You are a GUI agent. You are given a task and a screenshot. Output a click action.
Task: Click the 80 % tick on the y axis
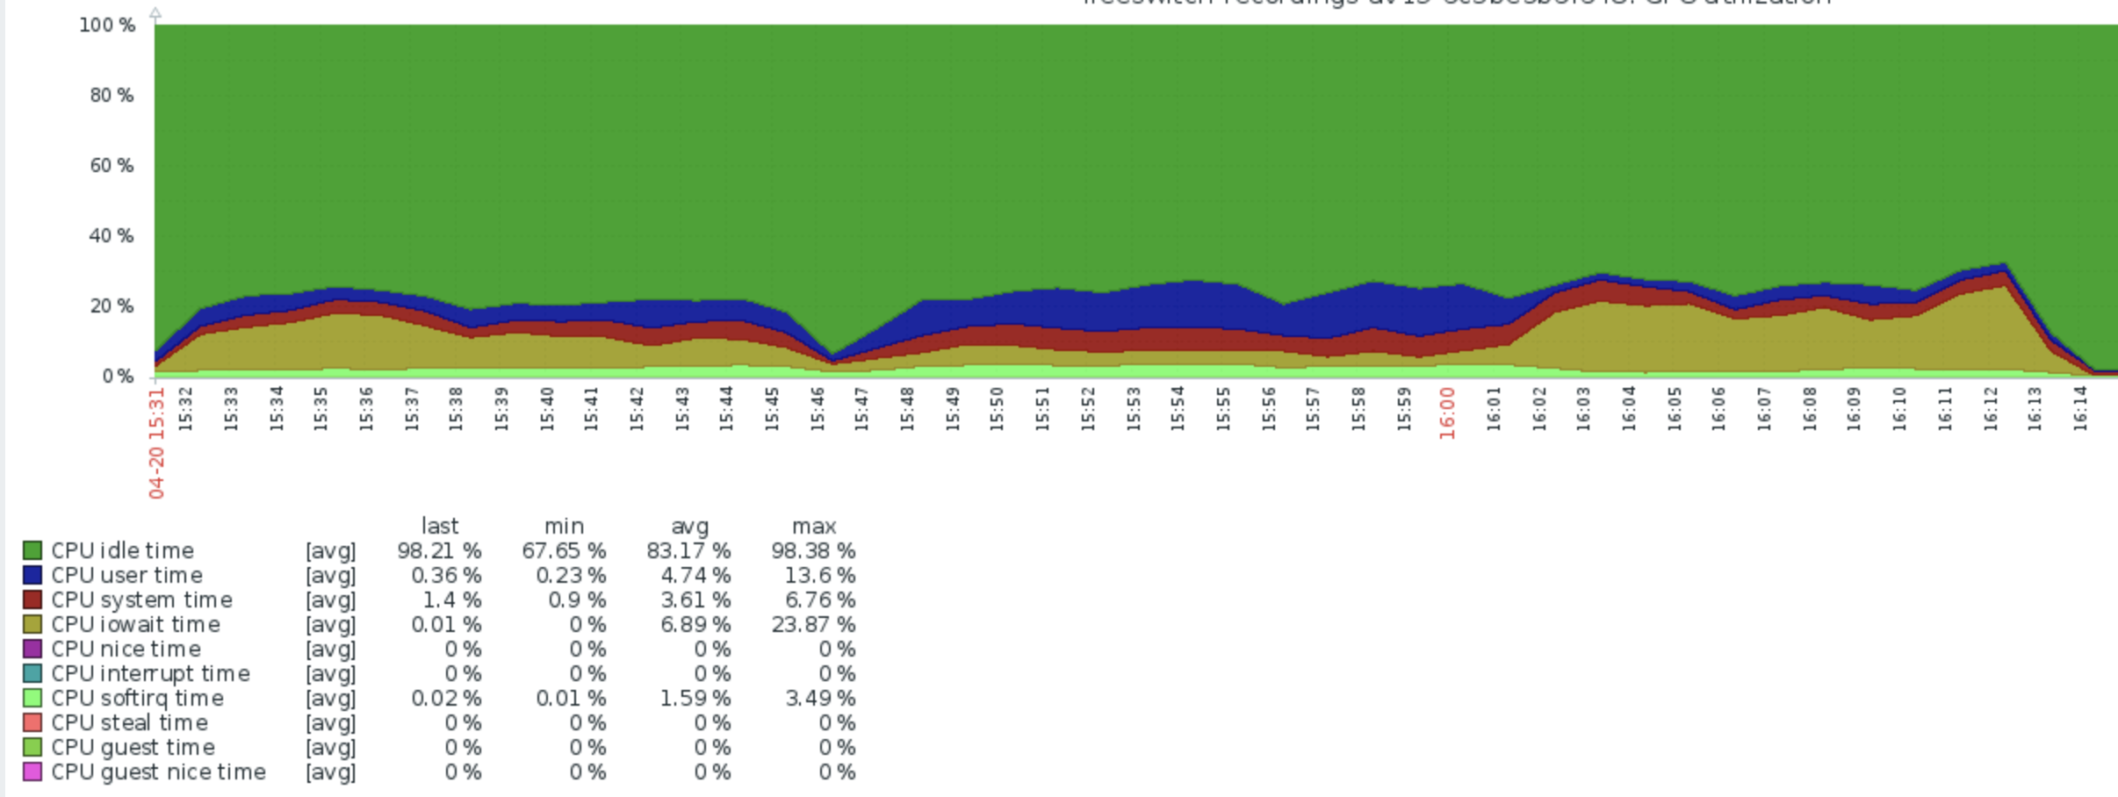click(x=112, y=95)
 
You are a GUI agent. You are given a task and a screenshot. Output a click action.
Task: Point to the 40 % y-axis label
click(x=112, y=235)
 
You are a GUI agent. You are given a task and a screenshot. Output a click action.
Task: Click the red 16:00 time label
click(x=1447, y=413)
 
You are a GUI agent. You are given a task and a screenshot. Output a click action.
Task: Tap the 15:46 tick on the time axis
click(x=817, y=409)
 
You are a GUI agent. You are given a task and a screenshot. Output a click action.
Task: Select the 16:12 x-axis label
click(x=1990, y=409)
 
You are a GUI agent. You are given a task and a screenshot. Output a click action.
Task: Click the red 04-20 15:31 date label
click(x=156, y=443)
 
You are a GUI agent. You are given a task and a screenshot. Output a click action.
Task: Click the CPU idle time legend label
click(x=122, y=550)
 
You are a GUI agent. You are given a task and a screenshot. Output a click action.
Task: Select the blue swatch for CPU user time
click(x=32, y=575)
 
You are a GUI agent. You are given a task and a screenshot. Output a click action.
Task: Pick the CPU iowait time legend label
click(x=135, y=624)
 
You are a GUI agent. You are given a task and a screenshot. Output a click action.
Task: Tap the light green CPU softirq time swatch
click(x=32, y=698)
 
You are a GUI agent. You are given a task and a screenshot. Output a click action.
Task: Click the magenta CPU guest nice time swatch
click(x=32, y=772)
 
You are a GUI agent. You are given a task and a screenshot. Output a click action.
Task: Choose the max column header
click(x=814, y=526)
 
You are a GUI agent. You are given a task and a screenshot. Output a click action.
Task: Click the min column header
click(x=564, y=526)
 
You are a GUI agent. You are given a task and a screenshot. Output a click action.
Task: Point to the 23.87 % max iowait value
click(x=813, y=624)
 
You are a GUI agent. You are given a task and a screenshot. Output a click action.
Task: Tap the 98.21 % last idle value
click(x=439, y=550)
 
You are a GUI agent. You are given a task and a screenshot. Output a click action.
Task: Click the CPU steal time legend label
click(x=129, y=722)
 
